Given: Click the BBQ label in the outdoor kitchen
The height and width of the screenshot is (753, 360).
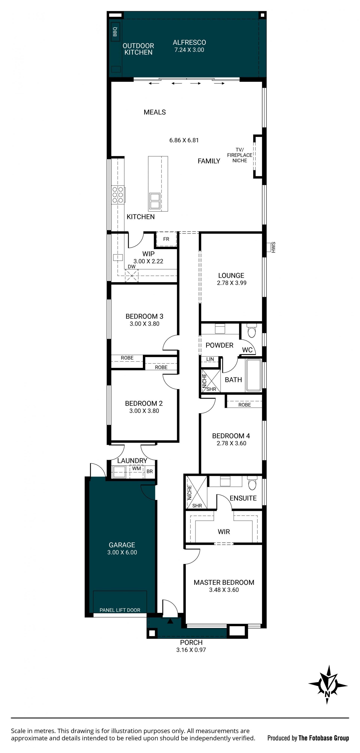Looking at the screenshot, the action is point(115,31).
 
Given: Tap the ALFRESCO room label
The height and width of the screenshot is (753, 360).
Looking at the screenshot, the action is point(189,42).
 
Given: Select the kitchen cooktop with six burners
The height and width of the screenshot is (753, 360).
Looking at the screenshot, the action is point(118,195).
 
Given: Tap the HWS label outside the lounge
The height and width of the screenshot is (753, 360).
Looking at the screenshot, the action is point(273,247).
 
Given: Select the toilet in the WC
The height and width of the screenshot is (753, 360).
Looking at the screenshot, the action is point(251,330).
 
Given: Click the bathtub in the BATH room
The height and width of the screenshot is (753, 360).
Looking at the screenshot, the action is point(253,375).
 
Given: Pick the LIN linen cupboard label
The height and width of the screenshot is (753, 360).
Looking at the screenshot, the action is point(210,359).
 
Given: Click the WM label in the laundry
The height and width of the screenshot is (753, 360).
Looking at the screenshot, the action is point(136,468).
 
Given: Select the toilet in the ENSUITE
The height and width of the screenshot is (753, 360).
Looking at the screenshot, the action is point(252,483).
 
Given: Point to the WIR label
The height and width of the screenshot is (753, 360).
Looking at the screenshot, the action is point(224,532).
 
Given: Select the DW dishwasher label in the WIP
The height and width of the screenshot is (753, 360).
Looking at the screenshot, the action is point(132,267).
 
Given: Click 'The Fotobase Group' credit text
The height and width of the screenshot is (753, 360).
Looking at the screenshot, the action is point(324,738).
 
